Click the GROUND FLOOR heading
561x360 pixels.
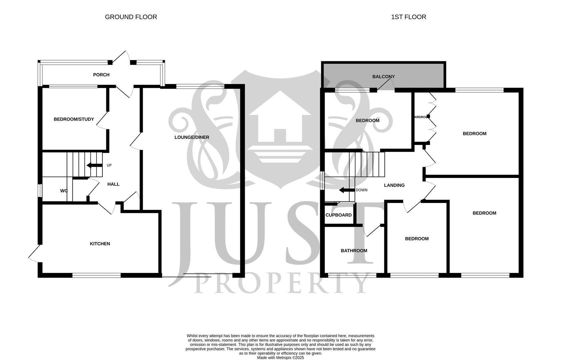click(131, 17)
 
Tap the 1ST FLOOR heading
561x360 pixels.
click(408, 17)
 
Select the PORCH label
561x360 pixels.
click(101, 75)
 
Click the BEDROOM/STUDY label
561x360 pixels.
click(74, 119)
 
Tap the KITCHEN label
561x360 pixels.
click(100, 244)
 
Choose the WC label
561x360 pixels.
click(64, 191)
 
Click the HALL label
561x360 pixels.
click(113, 184)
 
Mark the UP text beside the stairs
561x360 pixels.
click(109, 165)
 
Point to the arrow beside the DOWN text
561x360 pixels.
click(347, 190)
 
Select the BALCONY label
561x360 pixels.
click(383, 77)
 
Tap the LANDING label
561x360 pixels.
click(394, 185)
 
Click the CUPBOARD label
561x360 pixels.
click(338, 215)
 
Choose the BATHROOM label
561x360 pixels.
click(354, 251)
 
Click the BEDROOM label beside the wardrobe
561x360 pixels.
click(474, 134)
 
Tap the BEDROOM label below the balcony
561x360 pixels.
click(367, 121)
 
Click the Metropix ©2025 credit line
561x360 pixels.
click(280, 358)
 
